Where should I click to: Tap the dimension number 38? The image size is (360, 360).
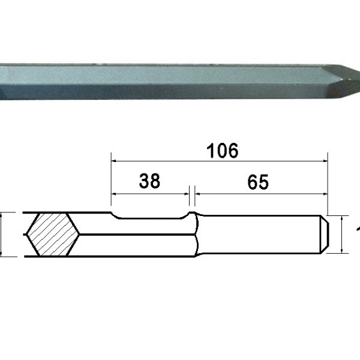click(149, 181)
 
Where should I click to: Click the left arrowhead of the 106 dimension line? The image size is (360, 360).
click(115, 160)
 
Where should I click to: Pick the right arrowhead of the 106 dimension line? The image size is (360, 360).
click(325, 160)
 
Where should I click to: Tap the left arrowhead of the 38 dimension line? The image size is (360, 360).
click(115, 193)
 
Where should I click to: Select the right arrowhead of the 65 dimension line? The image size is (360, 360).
click(325, 193)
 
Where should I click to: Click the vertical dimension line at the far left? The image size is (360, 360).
click(3, 234)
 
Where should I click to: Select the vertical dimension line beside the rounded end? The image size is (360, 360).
click(341, 234)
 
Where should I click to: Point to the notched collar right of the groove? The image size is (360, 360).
click(194, 233)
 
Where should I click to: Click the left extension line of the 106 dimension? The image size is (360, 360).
click(112, 180)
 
